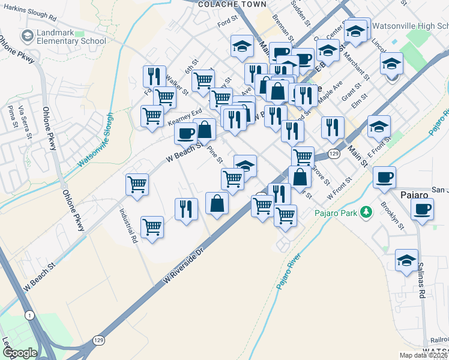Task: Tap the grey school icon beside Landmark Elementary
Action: click(27, 36)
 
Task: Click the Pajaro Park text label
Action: click(336, 212)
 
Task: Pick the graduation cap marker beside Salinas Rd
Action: click(406, 260)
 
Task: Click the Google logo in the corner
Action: click(20, 352)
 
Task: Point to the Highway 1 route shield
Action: click(29, 315)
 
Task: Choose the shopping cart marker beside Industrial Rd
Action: click(152, 227)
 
